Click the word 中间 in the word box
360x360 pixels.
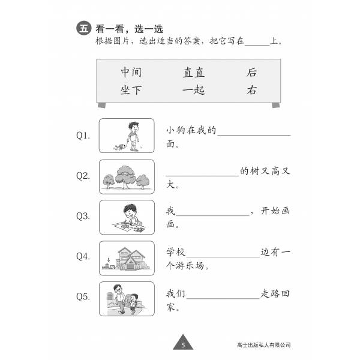click(131, 72)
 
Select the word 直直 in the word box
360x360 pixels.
click(194, 72)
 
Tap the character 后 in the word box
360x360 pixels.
click(251, 72)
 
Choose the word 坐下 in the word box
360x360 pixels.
click(131, 90)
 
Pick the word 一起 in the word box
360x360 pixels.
click(194, 90)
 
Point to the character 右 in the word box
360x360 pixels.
click(251, 90)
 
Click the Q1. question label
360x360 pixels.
click(83, 136)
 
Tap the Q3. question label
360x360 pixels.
click(83, 216)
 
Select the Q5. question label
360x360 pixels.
click(83, 296)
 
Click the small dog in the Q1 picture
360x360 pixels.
click(120, 147)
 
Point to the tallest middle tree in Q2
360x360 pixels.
click(125, 177)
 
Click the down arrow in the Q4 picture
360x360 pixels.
click(109, 260)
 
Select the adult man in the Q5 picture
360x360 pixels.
click(119, 299)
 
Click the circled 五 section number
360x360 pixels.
click(84, 28)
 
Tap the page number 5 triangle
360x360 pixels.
click(183, 342)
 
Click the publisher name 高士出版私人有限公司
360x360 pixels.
click(264, 345)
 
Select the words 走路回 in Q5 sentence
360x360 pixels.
click(275, 293)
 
